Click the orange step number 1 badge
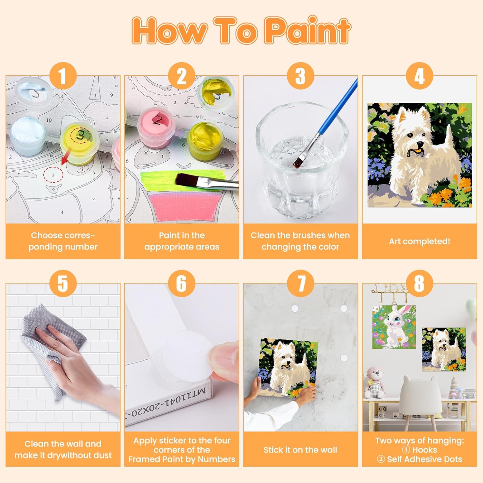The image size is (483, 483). pos(63,76)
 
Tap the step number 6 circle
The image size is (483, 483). pos(182,283)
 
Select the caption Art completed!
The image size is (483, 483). pos(419,241)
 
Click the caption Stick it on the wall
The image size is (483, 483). pos(300,450)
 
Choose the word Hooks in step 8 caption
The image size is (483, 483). pos(425,450)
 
